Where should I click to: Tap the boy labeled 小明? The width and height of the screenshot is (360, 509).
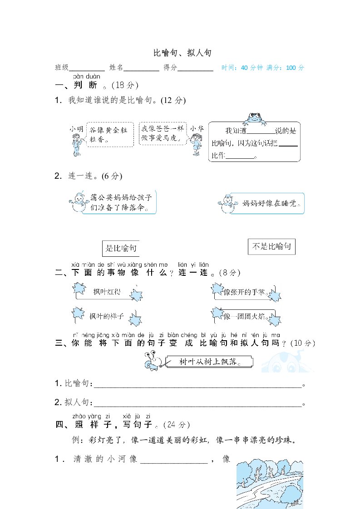coord(76,141)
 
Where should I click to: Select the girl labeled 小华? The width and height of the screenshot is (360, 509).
coord(196,142)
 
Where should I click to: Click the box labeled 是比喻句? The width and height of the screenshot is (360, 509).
coord(121,248)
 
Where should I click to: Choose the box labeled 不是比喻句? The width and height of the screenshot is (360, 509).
coord(272,247)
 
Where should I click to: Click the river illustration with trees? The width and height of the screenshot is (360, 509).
coord(270,484)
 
